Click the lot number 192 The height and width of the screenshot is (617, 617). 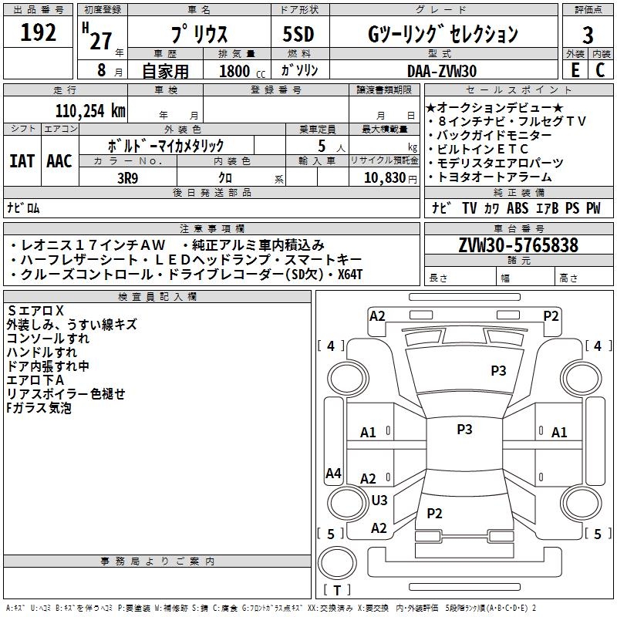click(38, 32)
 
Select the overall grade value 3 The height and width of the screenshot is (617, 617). click(588, 35)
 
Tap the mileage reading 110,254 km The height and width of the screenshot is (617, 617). click(90, 111)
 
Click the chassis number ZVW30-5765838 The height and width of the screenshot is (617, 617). click(518, 245)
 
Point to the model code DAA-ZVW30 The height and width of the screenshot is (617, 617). click(442, 71)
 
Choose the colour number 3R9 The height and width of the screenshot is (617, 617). click(127, 178)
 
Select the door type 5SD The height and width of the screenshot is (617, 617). click(298, 34)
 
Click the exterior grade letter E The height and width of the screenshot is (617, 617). click(575, 70)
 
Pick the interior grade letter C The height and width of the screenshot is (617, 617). click(600, 70)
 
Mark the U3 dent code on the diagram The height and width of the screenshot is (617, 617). click(379, 500)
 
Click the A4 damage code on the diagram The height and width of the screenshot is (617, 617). click(333, 473)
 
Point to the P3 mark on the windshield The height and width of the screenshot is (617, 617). click(498, 370)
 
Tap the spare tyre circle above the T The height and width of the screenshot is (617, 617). click(337, 563)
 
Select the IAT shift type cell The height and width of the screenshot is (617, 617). click(22, 161)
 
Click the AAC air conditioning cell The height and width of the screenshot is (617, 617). click(59, 161)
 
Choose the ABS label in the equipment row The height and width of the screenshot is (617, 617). click(517, 207)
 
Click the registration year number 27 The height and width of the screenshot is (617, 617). click(101, 41)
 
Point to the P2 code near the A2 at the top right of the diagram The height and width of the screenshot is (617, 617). click(551, 316)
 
